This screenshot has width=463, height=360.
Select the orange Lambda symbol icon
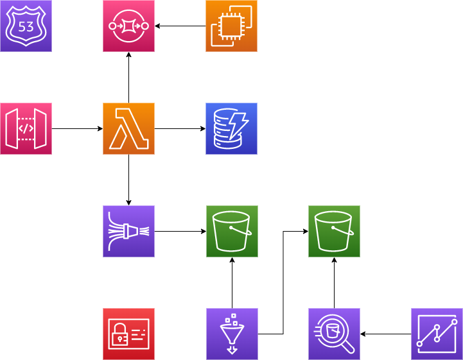pos(128,129)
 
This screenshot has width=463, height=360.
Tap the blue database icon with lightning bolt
pos(231,129)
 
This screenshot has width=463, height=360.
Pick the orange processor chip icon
pos(231,26)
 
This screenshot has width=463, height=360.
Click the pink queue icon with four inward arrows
pos(128,26)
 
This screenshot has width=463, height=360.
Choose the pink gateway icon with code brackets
pos(26,129)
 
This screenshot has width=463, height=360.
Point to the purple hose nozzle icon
pos(128,232)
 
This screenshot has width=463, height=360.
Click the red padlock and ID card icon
pos(128,334)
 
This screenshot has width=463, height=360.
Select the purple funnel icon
pos(232,334)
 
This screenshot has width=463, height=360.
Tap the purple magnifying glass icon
pos(334,334)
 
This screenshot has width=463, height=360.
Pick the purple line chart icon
pos(437,334)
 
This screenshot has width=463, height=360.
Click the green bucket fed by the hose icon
pos(232,232)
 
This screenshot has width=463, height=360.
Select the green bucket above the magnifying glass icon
pos(334,232)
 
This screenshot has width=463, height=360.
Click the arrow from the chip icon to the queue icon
pos(180,26)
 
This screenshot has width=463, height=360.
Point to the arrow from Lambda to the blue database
pos(180,129)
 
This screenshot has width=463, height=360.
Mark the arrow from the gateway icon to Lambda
pos(77,129)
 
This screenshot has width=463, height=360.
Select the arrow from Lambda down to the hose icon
pos(128,180)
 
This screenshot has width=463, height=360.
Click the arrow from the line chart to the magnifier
pos(385,334)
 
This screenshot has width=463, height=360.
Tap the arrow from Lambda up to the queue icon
pos(128,78)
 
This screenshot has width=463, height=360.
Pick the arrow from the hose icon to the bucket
pos(180,232)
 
